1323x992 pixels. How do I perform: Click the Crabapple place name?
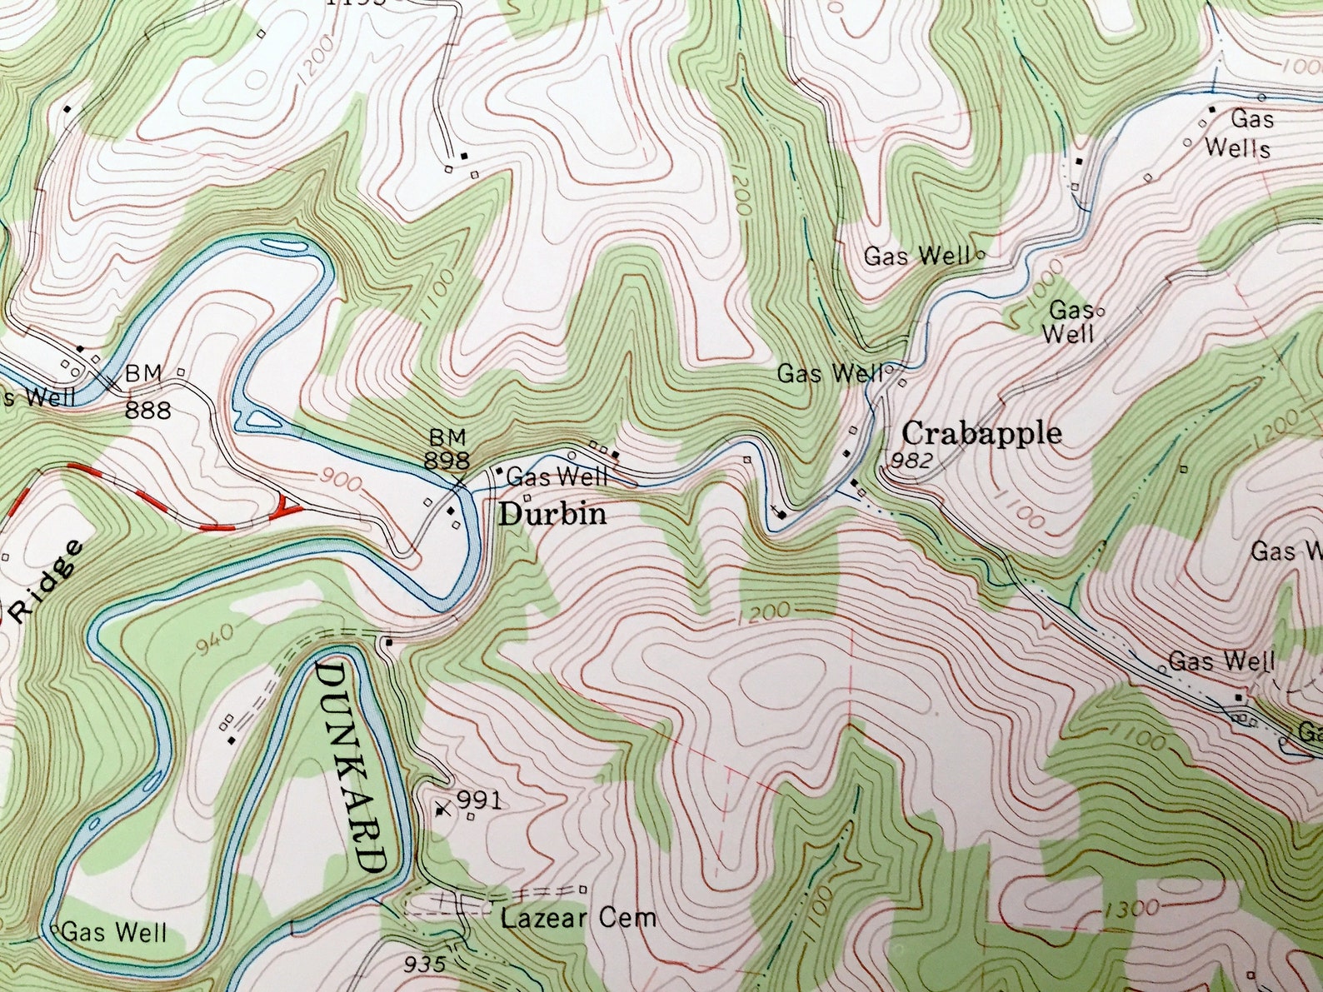981,433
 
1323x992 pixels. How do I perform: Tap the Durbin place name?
552,514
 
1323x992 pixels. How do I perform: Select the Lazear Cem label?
578,919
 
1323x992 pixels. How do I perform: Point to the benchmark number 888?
148,410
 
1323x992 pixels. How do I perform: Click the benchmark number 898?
447,460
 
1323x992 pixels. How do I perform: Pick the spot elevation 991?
480,800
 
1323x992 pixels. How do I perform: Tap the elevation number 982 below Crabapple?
911,461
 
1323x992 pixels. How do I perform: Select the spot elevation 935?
425,965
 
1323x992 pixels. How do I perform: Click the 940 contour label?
217,639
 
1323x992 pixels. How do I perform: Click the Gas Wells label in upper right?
1239,134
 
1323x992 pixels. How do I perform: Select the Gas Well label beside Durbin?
557,477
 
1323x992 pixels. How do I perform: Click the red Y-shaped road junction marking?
287,506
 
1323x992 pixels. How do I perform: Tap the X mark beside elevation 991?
442,808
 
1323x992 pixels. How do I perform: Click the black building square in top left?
67,108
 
